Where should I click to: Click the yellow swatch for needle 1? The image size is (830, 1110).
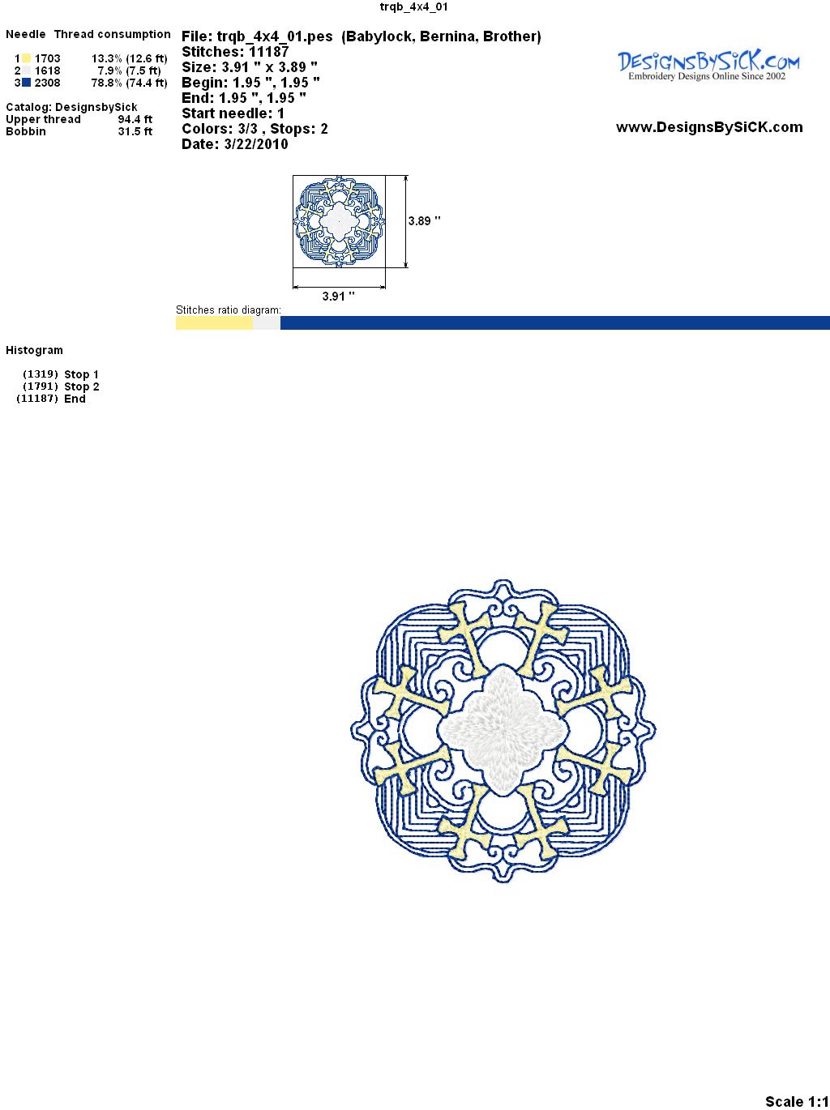coord(26,58)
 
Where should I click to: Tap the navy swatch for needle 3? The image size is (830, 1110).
coord(26,83)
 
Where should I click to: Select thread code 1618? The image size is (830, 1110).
coord(48,70)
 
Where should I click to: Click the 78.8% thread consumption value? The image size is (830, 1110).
coord(107,83)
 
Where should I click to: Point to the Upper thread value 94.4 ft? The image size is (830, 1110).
coord(135,119)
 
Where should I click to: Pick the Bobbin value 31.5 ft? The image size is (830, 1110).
coord(135,131)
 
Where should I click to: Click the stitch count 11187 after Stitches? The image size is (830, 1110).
coord(268,52)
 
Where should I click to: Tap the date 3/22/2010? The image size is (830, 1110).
coord(256,144)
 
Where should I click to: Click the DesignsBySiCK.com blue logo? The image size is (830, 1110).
coord(708,66)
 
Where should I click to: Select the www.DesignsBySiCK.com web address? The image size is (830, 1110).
coord(709,127)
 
